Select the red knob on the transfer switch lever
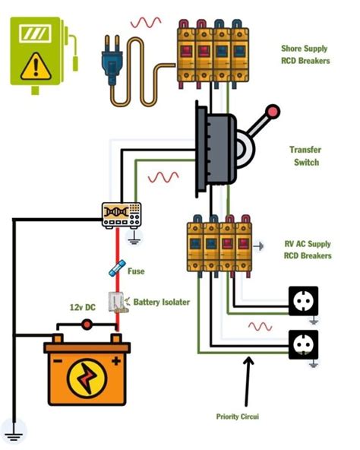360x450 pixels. (x=273, y=112)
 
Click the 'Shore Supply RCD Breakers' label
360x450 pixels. (x=305, y=55)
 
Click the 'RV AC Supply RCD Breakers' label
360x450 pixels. (x=308, y=250)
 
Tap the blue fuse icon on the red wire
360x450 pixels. (x=116, y=270)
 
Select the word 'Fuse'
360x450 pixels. (x=136, y=271)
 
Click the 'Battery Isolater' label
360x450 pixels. (x=161, y=302)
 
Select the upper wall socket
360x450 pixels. (x=303, y=300)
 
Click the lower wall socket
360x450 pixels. (x=303, y=344)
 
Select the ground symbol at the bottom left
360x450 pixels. (x=13, y=434)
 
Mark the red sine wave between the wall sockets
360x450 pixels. (x=261, y=326)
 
